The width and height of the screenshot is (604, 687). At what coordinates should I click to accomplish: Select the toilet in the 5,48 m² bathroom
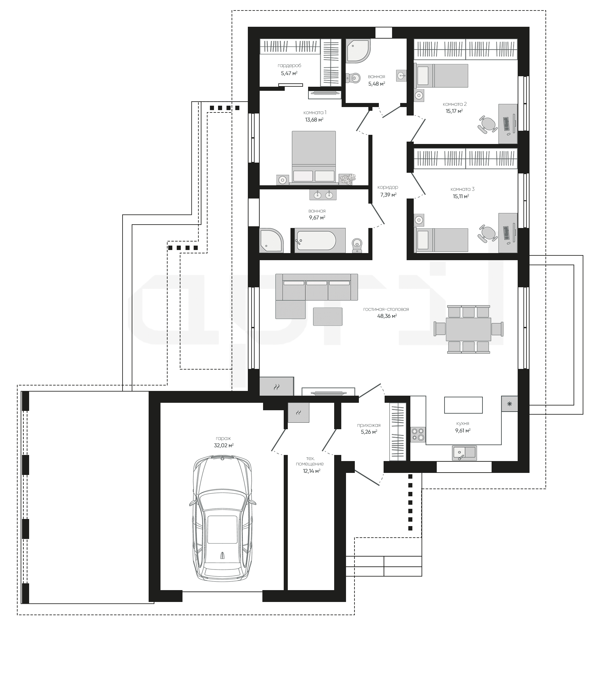352,78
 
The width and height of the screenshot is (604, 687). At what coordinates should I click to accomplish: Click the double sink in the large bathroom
323,195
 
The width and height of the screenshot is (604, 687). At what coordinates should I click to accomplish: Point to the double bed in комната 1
314,158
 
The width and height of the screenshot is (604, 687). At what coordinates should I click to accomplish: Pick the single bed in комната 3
441,240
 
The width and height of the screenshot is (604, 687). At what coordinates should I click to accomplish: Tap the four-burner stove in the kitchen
418,435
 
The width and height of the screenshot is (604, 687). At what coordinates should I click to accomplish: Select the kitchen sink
464,453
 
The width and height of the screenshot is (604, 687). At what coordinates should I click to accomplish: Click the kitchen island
463,405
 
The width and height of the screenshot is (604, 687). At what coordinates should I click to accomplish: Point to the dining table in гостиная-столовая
468,329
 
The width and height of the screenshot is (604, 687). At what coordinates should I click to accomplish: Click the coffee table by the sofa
327,316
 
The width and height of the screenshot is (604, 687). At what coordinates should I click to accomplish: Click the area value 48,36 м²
387,316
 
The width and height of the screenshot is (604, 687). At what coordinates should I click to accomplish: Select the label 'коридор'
388,187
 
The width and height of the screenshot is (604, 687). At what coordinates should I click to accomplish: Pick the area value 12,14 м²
311,471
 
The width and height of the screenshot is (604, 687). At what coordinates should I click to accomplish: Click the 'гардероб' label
289,65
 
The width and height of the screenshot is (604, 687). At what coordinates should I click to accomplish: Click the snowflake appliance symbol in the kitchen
510,403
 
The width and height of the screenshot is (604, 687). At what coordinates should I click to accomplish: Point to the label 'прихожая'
369,425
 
